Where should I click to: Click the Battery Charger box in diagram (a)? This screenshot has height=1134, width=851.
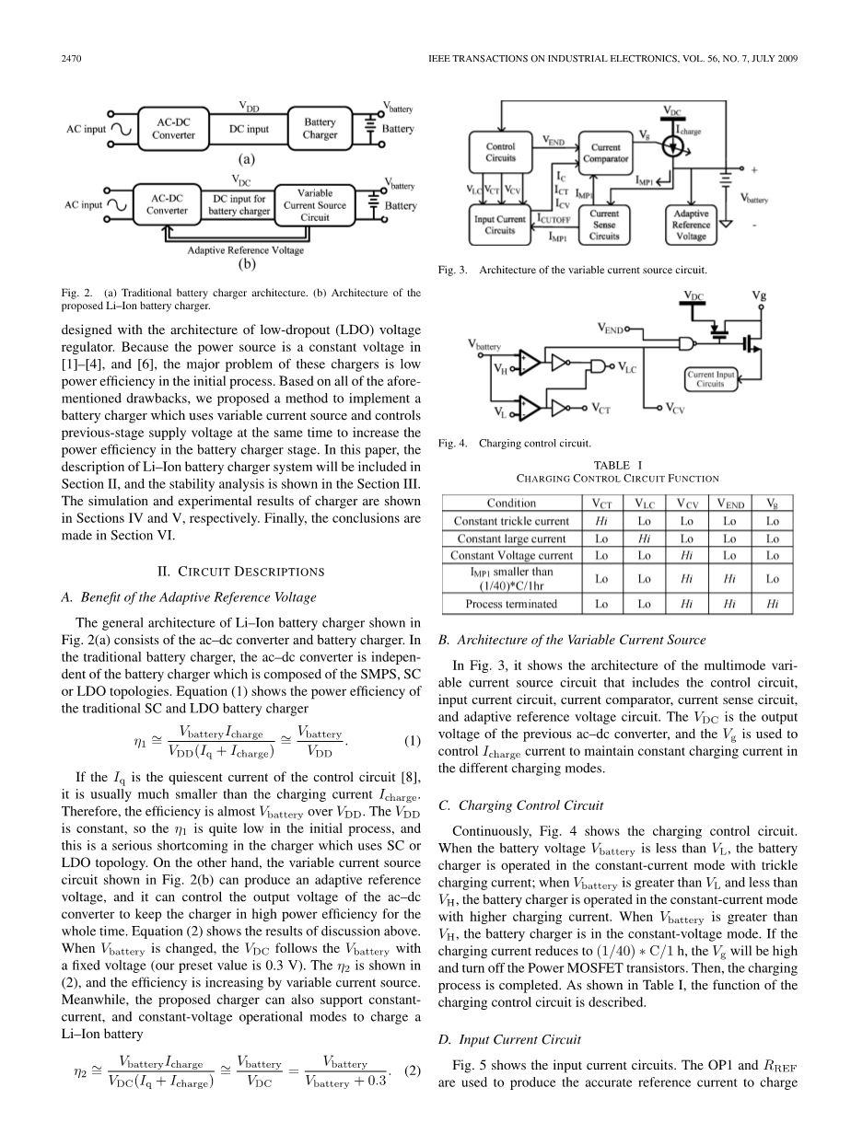321,129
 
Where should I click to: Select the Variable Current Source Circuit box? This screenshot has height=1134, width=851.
314,205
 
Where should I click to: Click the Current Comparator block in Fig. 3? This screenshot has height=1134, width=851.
605,153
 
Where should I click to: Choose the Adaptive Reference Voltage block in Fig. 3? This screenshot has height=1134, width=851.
691,225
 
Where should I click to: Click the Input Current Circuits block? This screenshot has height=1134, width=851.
499,225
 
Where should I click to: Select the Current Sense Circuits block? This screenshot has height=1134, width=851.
604,225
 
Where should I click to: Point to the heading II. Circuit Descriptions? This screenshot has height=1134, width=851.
243,572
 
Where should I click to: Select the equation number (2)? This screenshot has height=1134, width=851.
412,1071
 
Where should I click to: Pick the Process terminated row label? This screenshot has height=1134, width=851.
511,604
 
